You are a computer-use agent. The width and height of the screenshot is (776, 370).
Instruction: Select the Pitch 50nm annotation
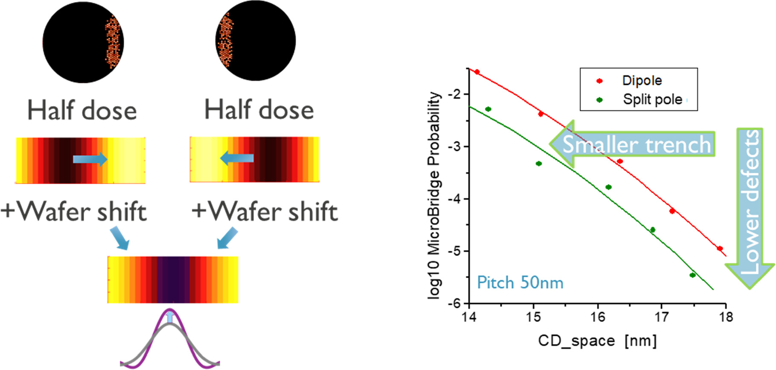click(520, 283)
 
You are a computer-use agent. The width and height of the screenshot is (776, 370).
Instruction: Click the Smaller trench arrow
click(632, 144)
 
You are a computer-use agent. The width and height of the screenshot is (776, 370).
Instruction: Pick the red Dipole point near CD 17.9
click(720, 248)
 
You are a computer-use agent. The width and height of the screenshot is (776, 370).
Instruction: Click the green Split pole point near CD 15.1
click(539, 164)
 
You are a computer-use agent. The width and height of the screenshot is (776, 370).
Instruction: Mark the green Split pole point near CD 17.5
click(692, 275)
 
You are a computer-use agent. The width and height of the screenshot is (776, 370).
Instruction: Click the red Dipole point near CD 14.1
click(477, 72)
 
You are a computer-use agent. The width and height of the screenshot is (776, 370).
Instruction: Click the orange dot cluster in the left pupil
click(113, 42)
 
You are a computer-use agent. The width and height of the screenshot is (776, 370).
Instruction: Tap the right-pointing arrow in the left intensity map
click(90, 159)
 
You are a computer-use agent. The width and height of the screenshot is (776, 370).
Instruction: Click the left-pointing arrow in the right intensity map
click(237, 159)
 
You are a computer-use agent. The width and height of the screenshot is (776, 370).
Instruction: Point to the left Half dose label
click(82, 110)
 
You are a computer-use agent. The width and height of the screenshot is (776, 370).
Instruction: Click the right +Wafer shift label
click(265, 211)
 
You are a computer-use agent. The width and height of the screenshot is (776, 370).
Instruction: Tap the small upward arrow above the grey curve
click(170, 317)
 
